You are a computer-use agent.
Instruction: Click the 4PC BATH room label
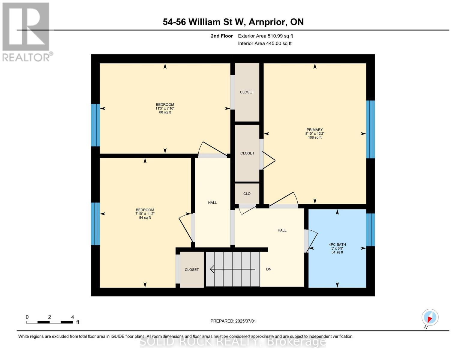(337, 244)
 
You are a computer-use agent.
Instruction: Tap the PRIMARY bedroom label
(314, 130)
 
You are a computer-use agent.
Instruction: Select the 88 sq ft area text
(165, 112)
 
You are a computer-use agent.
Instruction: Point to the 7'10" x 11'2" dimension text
(145, 214)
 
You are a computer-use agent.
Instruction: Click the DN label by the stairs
(269, 269)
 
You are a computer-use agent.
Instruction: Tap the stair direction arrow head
(212, 269)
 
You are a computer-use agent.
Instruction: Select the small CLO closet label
(247, 194)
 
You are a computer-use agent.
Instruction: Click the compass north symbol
(430, 317)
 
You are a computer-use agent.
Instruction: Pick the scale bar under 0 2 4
(49, 322)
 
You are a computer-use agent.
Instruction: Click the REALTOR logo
(26, 31)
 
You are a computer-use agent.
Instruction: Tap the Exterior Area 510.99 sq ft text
(265, 36)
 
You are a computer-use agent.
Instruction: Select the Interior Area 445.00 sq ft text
(265, 43)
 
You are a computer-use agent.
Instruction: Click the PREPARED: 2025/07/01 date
(233, 321)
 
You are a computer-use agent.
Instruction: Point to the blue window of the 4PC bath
(371, 229)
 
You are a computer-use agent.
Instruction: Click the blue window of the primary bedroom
(371, 129)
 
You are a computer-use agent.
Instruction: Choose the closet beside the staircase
(192, 269)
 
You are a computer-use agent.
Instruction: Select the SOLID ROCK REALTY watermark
(233, 342)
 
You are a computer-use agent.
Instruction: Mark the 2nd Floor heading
(221, 36)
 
